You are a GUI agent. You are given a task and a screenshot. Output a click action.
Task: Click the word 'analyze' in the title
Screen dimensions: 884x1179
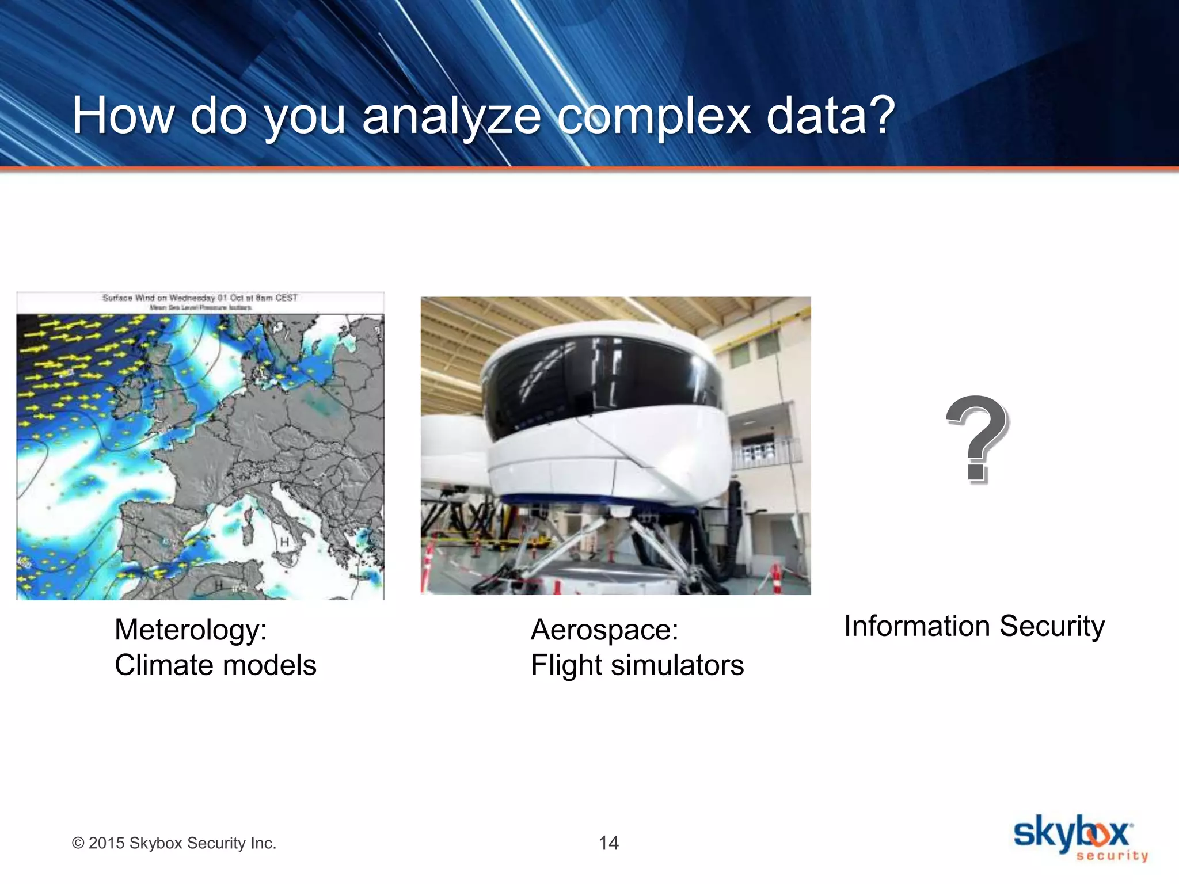pyautogui.click(x=451, y=117)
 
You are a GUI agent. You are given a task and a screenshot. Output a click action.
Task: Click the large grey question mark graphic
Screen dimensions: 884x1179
pyautogui.click(x=977, y=439)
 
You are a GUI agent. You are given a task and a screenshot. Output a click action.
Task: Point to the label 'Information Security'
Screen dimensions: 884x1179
pyautogui.click(x=974, y=626)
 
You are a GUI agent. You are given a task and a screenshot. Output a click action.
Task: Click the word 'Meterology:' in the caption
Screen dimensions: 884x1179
pyautogui.click(x=191, y=630)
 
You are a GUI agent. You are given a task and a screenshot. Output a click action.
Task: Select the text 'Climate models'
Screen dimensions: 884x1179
pyautogui.click(x=215, y=665)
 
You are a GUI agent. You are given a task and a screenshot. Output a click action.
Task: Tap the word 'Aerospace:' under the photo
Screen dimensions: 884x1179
pyautogui.click(x=604, y=630)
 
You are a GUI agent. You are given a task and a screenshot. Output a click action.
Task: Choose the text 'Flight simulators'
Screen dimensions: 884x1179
pyautogui.click(x=637, y=665)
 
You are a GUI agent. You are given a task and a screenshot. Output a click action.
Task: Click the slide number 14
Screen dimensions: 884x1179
pyautogui.click(x=608, y=843)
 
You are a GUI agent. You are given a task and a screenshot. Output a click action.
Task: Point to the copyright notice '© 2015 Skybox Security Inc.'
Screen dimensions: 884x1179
pyautogui.click(x=174, y=843)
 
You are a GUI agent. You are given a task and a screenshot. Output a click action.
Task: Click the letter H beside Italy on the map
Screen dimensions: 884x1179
pyautogui.click(x=284, y=542)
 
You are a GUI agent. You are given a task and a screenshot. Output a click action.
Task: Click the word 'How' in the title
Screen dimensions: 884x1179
pyautogui.click(x=123, y=117)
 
